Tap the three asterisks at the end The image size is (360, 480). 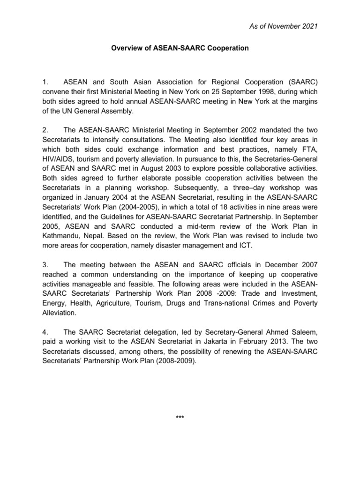point(180,416)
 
